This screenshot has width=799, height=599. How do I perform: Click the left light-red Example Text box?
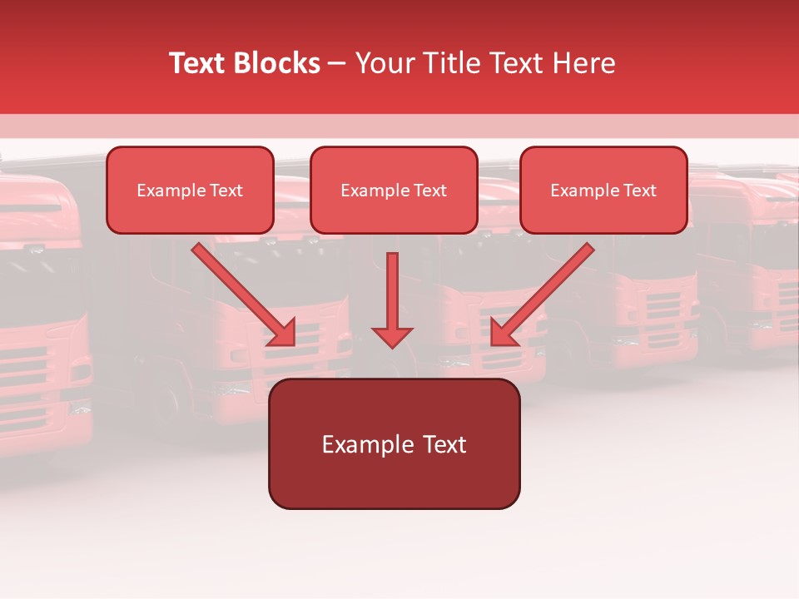click(190, 190)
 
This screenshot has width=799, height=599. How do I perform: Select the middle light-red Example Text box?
click(394, 190)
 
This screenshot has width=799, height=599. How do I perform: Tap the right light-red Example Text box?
click(603, 190)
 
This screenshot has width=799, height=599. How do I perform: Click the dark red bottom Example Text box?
click(394, 443)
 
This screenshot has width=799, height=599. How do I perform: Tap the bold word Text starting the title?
click(199, 63)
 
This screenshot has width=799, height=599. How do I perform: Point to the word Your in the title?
click(383, 63)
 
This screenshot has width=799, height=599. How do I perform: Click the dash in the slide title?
click(338, 63)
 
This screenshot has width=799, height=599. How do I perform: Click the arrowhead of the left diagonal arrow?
click(283, 333)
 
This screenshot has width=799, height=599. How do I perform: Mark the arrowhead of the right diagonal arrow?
click(503, 333)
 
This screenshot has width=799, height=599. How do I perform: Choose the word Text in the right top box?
click(640, 190)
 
